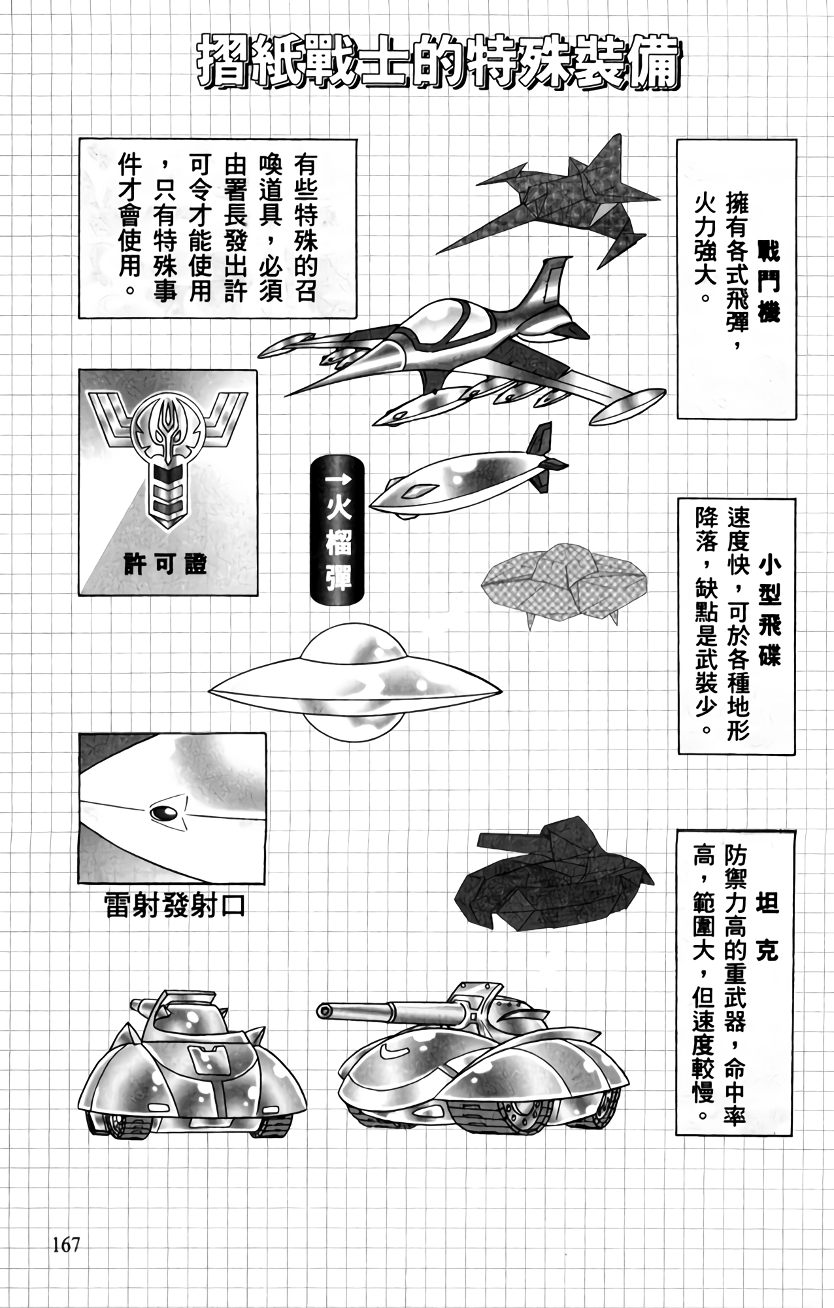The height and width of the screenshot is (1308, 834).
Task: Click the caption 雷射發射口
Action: click(175, 906)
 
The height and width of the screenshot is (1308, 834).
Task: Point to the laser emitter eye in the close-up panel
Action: click(163, 812)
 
